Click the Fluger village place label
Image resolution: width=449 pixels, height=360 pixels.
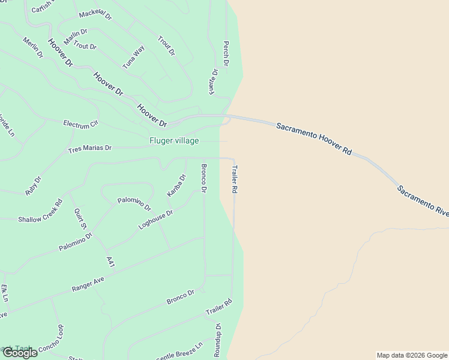174,141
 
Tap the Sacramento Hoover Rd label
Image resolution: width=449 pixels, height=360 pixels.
313,139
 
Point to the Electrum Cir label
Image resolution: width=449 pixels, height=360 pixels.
80,124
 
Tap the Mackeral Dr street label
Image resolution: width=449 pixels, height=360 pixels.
95,14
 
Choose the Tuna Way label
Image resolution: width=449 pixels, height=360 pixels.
133,57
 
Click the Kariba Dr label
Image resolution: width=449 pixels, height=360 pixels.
176,185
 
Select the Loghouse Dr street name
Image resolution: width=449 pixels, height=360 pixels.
155,220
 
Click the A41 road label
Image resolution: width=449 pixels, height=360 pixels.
110,262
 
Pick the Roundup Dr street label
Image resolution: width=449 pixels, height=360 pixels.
218,341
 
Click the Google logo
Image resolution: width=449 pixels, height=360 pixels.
20,353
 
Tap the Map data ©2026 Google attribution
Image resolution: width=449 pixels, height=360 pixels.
412,355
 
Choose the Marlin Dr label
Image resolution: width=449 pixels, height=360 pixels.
76,37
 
